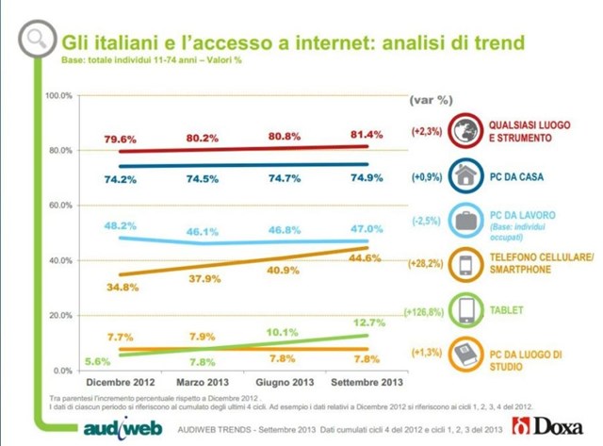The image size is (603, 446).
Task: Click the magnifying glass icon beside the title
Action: point(37,40)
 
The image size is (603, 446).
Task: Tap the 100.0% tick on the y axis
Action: point(59,96)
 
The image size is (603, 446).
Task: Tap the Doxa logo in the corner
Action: point(556,426)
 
